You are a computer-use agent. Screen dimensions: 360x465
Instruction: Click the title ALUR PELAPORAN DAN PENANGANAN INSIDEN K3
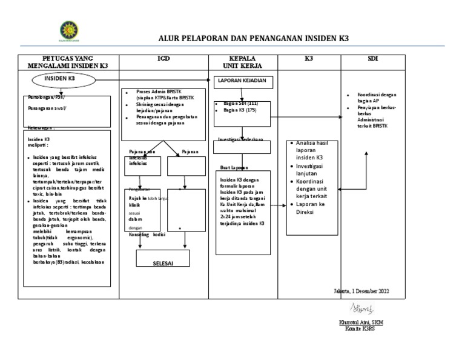(254, 38)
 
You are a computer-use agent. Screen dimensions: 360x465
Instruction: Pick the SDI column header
(373, 58)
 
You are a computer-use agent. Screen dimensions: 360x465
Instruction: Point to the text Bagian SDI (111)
(240, 104)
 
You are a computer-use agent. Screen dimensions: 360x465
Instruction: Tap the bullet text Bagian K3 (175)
(240, 110)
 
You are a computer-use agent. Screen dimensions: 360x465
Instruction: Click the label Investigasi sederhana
(240, 139)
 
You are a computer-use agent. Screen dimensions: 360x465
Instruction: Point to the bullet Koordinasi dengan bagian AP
(377, 98)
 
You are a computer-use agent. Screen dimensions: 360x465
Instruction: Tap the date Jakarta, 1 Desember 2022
(361, 292)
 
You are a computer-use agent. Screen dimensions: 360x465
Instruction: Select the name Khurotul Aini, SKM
(361, 322)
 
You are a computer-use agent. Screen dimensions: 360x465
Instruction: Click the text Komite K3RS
(361, 328)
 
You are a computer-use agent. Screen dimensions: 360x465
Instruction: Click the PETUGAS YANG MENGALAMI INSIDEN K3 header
(67, 62)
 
